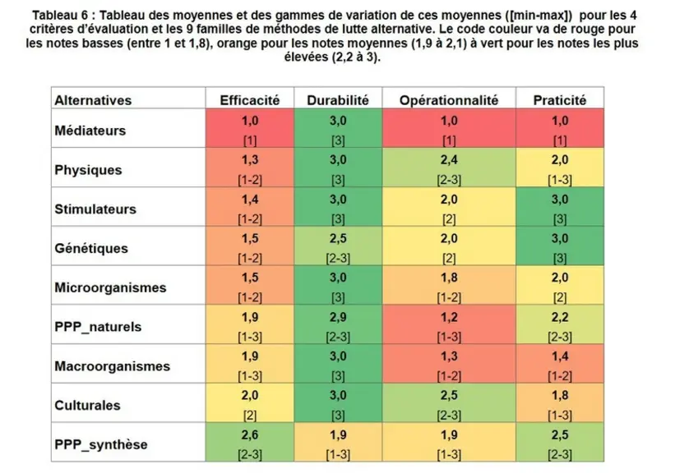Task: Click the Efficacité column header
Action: pos(250,100)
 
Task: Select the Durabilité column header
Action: pos(337,100)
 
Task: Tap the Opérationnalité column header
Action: pos(449,100)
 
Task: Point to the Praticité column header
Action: pos(559,100)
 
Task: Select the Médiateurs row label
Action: pos(90,131)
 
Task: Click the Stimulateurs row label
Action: pos(95,209)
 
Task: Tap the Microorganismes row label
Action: pos(110,287)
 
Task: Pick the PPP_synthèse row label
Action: pos(100,444)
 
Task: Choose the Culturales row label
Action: pos(87,405)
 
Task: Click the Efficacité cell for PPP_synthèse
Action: pos(250,442)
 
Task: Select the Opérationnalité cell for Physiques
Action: pos(449,168)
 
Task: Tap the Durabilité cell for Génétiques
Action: pos(338,246)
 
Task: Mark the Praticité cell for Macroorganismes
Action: pos(560,363)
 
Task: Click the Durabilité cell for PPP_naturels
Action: pos(338,324)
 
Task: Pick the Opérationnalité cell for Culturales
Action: pos(449,403)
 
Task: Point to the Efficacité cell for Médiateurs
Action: pos(250,128)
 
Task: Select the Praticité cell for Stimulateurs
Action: pos(560,207)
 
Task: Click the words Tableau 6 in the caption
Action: pos(60,16)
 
